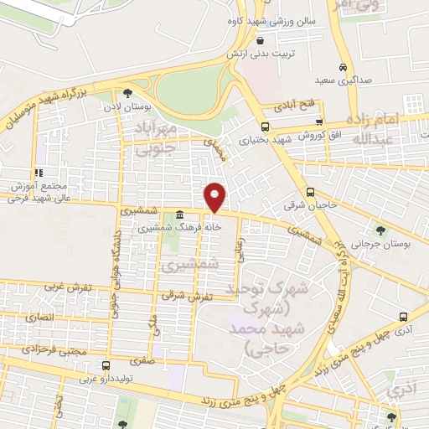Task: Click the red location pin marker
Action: click(215, 197)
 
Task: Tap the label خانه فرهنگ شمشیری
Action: click(180, 226)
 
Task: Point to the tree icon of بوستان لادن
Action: click(127, 93)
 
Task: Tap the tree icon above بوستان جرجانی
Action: click(382, 230)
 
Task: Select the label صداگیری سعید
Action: click(343, 81)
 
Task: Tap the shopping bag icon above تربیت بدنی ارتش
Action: click(261, 40)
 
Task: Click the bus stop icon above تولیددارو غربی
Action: click(106, 365)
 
